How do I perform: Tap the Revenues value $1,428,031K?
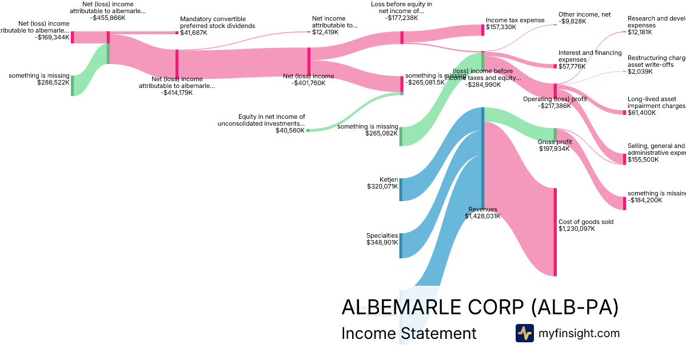click(x=482, y=216)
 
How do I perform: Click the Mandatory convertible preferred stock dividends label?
click(x=217, y=26)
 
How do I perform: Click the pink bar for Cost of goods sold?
click(x=555, y=231)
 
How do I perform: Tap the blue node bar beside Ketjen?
click(x=401, y=189)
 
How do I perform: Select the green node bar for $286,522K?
click(x=72, y=85)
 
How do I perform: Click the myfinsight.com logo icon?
click(x=524, y=333)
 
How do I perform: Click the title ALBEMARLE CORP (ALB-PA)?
click(x=480, y=307)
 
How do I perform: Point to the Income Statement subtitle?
click(x=408, y=333)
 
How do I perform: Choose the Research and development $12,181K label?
click(x=656, y=25)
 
